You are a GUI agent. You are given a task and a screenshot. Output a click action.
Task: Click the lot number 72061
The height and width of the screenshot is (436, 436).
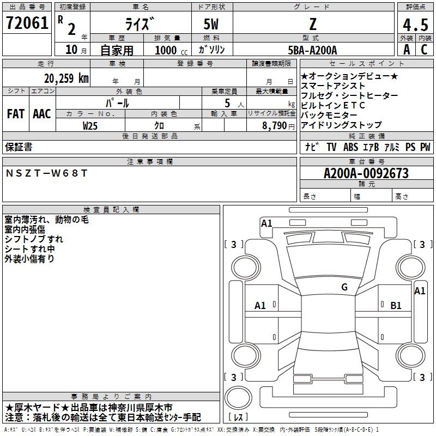(27, 23)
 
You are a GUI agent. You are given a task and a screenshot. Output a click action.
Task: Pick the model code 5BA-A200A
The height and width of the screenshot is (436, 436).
(312, 50)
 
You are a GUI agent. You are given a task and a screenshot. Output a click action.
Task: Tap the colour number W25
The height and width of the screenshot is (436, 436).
(90, 125)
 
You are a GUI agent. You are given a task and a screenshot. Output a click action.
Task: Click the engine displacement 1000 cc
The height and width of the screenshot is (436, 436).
(171, 50)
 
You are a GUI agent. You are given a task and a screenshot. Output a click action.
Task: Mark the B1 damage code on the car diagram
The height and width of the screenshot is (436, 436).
(396, 306)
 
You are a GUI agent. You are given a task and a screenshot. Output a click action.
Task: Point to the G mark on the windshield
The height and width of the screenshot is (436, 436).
(344, 287)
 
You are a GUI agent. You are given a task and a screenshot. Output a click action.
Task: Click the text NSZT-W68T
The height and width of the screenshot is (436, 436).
(46, 173)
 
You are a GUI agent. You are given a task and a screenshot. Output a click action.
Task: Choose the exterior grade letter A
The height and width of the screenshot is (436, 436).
(406, 50)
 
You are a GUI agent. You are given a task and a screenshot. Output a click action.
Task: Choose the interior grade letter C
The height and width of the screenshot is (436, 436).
(424, 50)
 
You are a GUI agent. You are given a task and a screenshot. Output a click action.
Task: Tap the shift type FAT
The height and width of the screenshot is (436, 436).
(15, 114)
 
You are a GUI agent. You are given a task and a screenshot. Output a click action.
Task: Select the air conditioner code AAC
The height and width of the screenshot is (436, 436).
(42, 114)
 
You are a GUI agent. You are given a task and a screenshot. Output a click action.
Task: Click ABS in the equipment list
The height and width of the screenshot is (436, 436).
(351, 147)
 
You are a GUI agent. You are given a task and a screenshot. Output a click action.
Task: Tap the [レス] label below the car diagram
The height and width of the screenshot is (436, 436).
(238, 417)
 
